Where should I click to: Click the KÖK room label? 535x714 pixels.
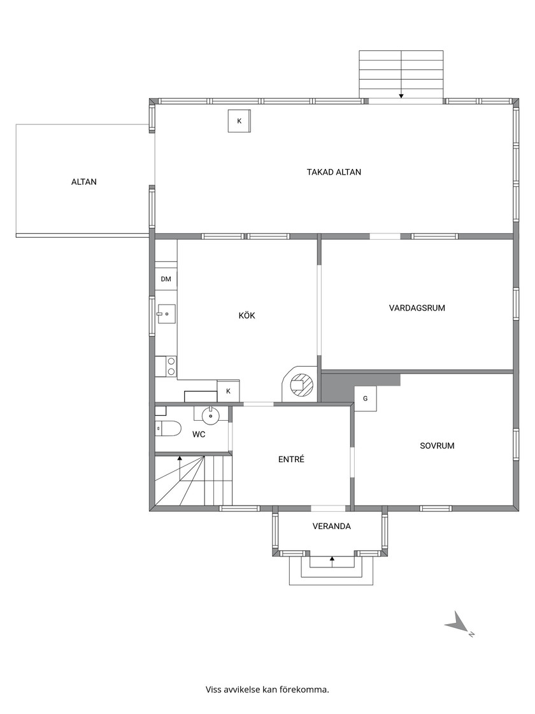pyautogui.click(x=246, y=316)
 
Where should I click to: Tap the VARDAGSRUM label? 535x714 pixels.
pyautogui.click(x=417, y=308)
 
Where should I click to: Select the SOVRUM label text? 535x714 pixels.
pyautogui.click(x=437, y=446)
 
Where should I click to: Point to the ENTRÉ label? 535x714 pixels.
pyautogui.click(x=291, y=460)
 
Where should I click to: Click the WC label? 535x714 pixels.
pyautogui.click(x=199, y=434)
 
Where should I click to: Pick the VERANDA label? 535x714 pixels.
pyautogui.click(x=332, y=527)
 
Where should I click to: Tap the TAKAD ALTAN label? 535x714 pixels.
pyautogui.click(x=334, y=172)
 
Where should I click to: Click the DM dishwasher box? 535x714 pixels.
pyautogui.click(x=166, y=279)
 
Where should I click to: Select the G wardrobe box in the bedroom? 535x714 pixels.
pyautogui.click(x=366, y=399)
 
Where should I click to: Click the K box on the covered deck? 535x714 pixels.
pyautogui.click(x=239, y=121)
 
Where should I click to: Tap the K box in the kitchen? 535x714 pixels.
pyautogui.click(x=229, y=391)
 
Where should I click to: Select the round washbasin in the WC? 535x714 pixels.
pyautogui.click(x=210, y=415)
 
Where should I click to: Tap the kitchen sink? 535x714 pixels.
pyautogui.click(x=166, y=314)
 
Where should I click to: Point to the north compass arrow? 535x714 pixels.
pyautogui.click(x=459, y=623)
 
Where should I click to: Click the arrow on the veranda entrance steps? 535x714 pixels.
pyautogui.click(x=332, y=562)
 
